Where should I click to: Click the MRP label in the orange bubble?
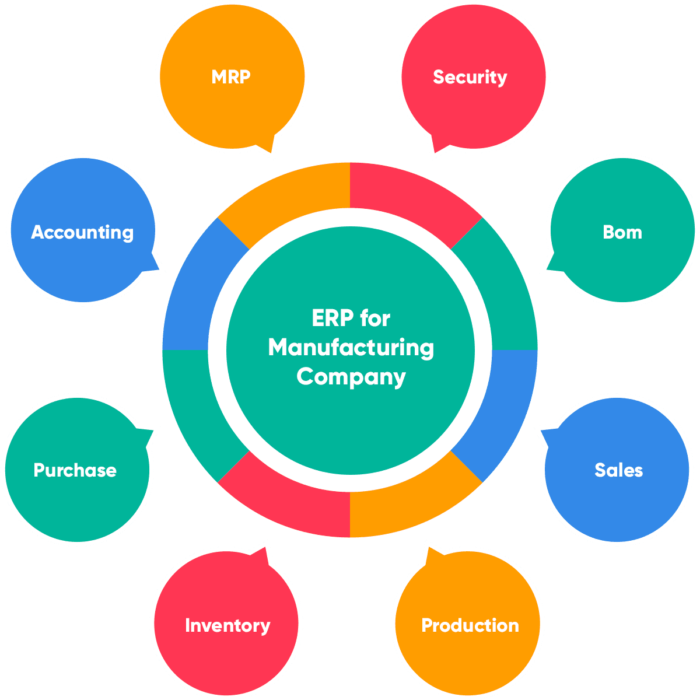tap(231, 77)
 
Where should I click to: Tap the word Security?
tap(470, 77)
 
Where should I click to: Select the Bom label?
tap(622, 232)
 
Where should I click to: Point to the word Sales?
tap(618, 470)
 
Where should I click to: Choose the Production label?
tap(470, 625)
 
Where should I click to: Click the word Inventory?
tap(228, 625)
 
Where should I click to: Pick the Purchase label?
tap(75, 470)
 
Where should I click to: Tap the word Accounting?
tap(82, 232)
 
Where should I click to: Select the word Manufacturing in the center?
tap(351, 348)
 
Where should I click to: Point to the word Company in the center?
tap(351, 376)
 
